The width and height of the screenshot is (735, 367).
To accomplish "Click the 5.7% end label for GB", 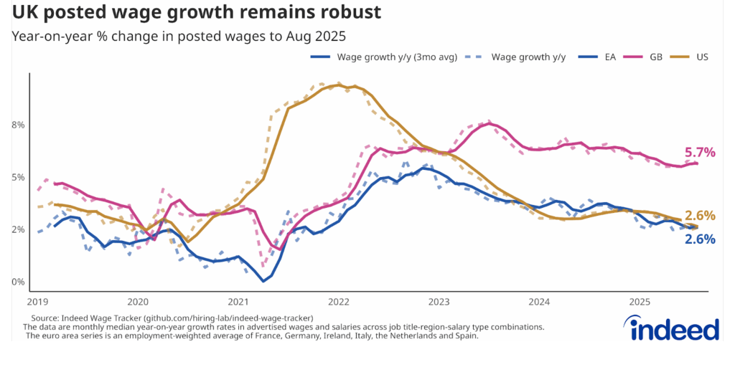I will pyautogui.click(x=701, y=152).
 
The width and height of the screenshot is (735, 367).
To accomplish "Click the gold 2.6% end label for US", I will pyautogui.click(x=700, y=215).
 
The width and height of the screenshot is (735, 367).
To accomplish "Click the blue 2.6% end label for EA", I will pyautogui.click(x=700, y=239).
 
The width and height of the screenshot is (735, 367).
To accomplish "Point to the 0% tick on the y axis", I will pyautogui.click(x=17, y=282).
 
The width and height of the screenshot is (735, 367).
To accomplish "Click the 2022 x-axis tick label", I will pyautogui.click(x=338, y=302).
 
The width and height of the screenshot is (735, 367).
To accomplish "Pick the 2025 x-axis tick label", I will pyautogui.click(x=640, y=302).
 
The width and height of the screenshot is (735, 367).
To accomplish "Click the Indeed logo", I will pyautogui.click(x=674, y=329).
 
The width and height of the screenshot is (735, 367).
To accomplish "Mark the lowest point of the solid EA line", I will pyautogui.click(x=263, y=281).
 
